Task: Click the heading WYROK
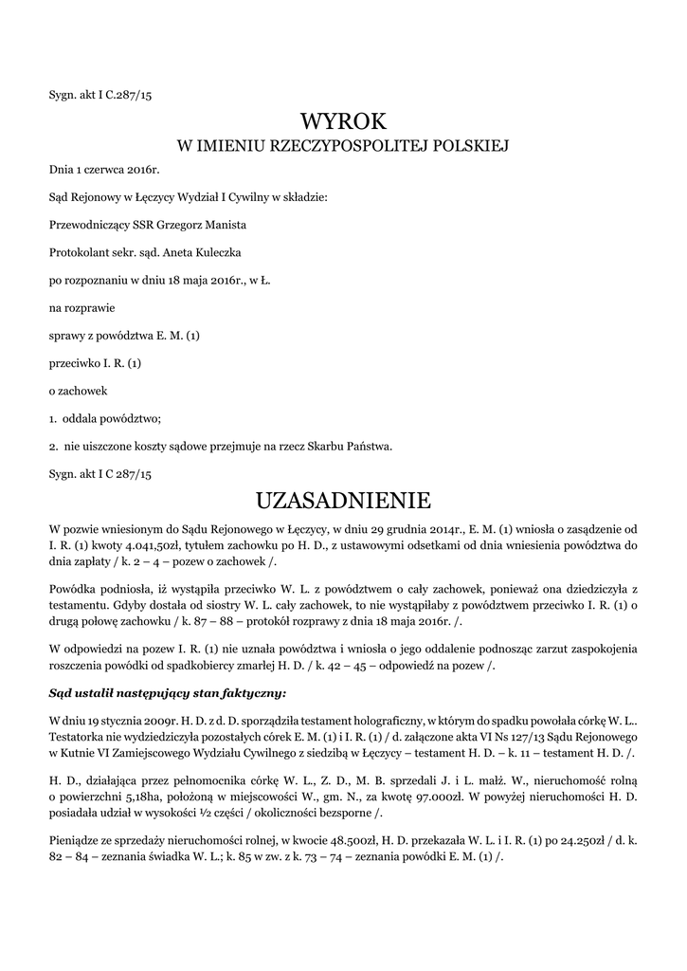coord(344,121)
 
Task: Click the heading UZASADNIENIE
coord(344,499)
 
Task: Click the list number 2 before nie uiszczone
coord(52,446)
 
